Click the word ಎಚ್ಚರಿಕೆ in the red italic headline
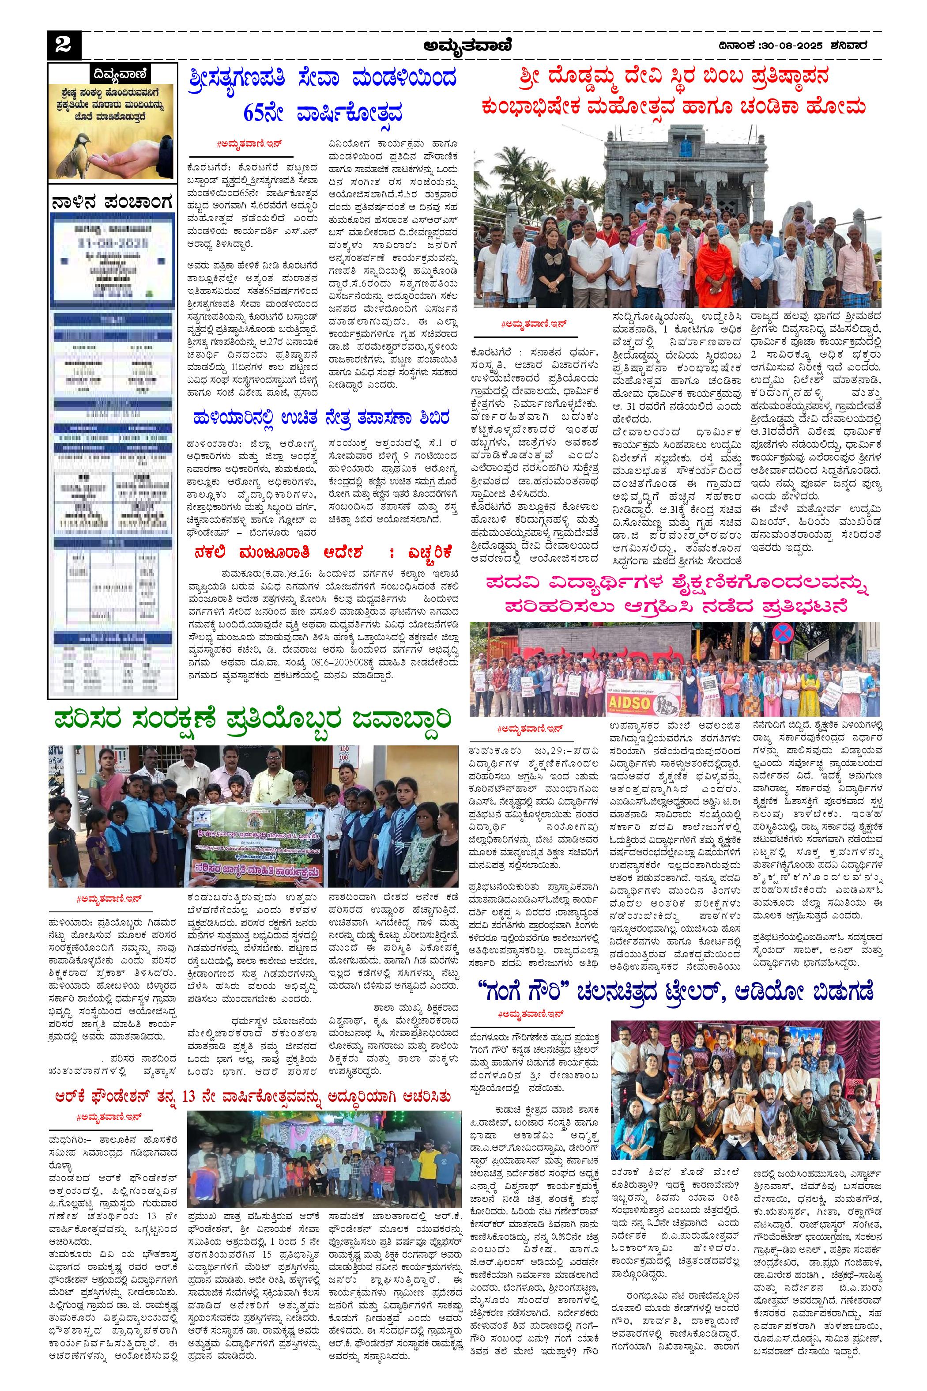coord(420,552)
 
